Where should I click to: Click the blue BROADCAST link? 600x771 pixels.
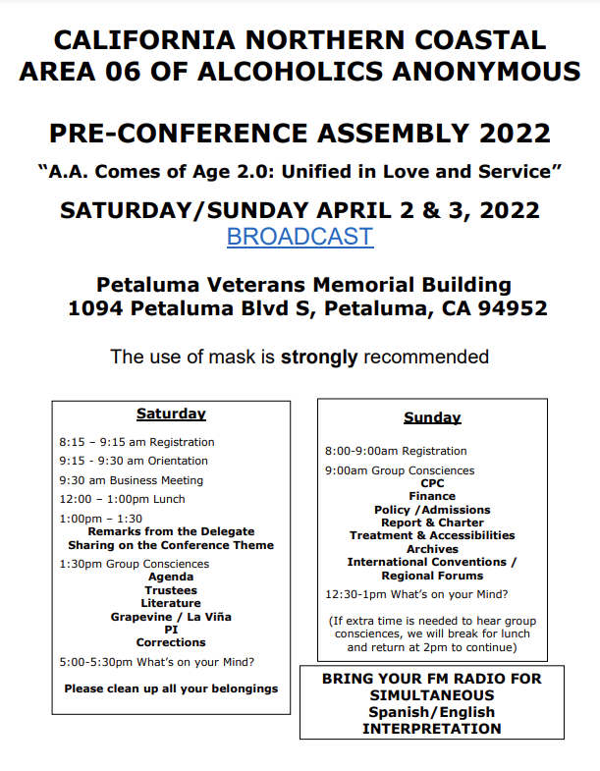click(x=300, y=237)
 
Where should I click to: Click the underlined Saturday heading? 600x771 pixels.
click(x=171, y=413)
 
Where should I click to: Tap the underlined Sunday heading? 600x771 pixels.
click(x=432, y=417)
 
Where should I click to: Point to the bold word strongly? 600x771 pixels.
click(x=319, y=357)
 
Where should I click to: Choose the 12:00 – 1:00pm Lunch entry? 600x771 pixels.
click(x=122, y=499)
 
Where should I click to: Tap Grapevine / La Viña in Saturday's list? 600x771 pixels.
click(x=171, y=617)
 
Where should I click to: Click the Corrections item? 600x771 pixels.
click(x=171, y=642)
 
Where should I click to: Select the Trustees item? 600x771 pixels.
click(x=171, y=590)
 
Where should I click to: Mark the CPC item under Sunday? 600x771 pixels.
click(x=432, y=483)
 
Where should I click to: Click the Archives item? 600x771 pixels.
click(x=432, y=549)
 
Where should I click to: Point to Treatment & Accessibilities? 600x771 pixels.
click(x=432, y=535)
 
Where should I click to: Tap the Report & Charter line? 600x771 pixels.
click(x=432, y=523)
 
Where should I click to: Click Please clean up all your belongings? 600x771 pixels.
click(x=171, y=688)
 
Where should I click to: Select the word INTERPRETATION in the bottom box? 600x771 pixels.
click(x=432, y=729)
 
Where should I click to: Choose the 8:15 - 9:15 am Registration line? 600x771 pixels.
click(x=136, y=442)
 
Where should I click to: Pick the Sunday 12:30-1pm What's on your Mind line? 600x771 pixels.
click(x=416, y=594)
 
